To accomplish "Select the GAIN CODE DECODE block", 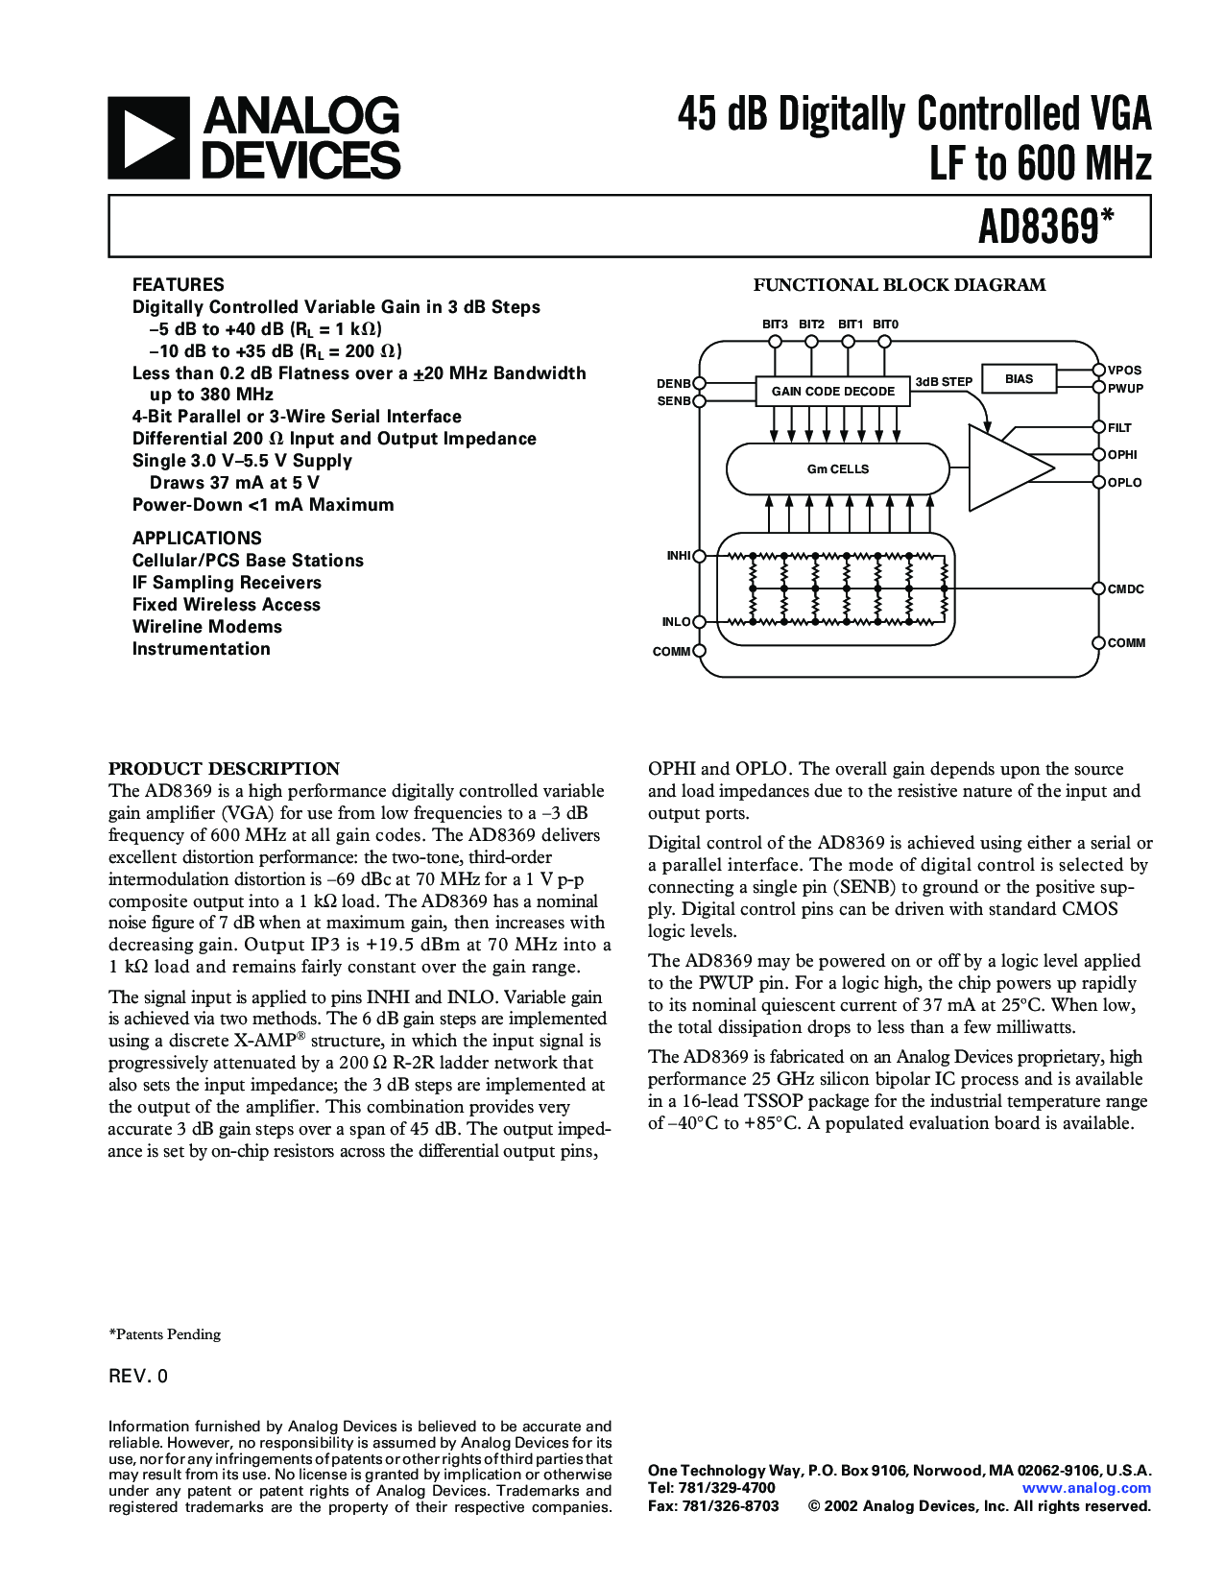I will coord(832,391).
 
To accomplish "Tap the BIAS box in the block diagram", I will coord(1019,379).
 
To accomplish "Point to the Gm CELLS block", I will coord(837,469).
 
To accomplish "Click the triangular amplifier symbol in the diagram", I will coord(1008,468).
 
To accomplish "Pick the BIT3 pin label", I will coord(775,324).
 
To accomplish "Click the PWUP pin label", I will coord(1125,389).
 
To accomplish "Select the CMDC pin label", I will coord(1125,589).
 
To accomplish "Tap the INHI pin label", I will coord(678,556).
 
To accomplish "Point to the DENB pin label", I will coord(673,383).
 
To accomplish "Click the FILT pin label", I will coord(1119,428).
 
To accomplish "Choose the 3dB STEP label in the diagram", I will coord(944,382).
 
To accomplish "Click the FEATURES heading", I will coord(178,284).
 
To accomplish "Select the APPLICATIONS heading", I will coord(197,539).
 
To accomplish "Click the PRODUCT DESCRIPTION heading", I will coord(224,769).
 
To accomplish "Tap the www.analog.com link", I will coord(1086,1488).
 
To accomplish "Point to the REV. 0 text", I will coord(138,1377).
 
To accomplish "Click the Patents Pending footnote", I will coord(165,1334).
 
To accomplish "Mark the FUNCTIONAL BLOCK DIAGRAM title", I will coord(900,285).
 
